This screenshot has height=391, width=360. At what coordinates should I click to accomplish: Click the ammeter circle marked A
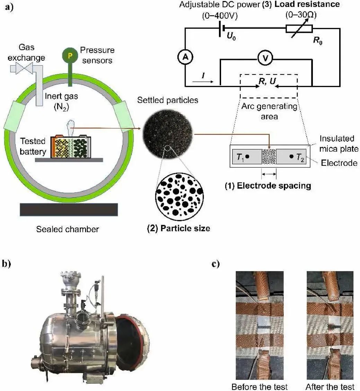(x=185, y=59)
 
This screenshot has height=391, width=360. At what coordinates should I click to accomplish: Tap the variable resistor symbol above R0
(x=299, y=28)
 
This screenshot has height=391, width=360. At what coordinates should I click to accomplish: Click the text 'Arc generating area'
(x=269, y=112)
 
